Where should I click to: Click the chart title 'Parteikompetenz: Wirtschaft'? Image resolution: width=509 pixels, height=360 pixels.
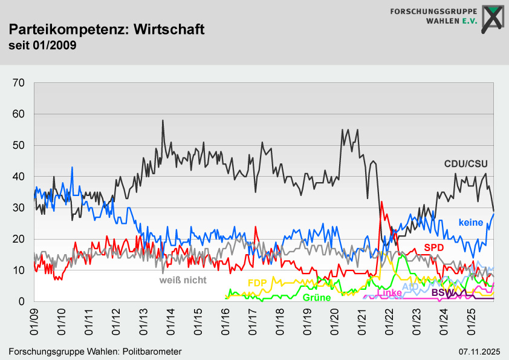click(107, 29)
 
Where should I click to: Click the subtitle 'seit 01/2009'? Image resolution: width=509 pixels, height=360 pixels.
click(42, 45)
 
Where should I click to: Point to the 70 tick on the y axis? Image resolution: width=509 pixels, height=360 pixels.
click(18, 83)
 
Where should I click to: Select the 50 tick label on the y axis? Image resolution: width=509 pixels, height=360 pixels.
click(18, 145)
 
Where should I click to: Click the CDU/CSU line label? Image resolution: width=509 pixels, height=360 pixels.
click(465, 163)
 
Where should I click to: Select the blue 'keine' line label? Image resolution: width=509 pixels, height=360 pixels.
click(471, 223)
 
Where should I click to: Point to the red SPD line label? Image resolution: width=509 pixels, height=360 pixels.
click(434, 247)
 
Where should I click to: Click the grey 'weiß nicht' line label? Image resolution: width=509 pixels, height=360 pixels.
click(183, 280)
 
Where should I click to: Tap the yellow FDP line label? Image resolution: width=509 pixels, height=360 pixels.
click(258, 283)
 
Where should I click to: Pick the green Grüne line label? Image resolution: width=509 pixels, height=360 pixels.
click(316, 298)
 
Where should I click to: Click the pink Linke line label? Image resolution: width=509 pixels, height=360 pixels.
click(389, 293)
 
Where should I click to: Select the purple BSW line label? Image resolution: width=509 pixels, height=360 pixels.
click(443, 293)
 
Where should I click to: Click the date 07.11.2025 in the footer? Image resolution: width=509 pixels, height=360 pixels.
click(479, 352)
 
